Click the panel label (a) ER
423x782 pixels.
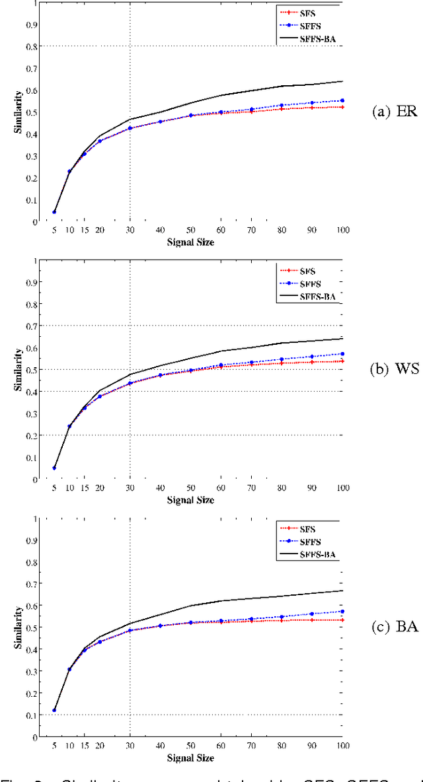click(395, 111)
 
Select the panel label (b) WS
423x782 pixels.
click(394, 369)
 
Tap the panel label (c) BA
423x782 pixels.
click(395, 626)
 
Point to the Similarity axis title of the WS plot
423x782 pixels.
click(19, 370)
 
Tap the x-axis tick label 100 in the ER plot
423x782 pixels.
click(342, 230)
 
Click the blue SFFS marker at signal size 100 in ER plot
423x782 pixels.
click(342, 100)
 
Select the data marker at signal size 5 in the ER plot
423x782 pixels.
click(54, 212)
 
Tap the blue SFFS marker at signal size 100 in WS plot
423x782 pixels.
click(342, 354)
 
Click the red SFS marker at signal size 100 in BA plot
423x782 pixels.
click(342, 620)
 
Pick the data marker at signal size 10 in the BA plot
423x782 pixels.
click(69, 669)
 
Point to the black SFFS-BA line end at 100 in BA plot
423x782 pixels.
click(342, 590)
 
